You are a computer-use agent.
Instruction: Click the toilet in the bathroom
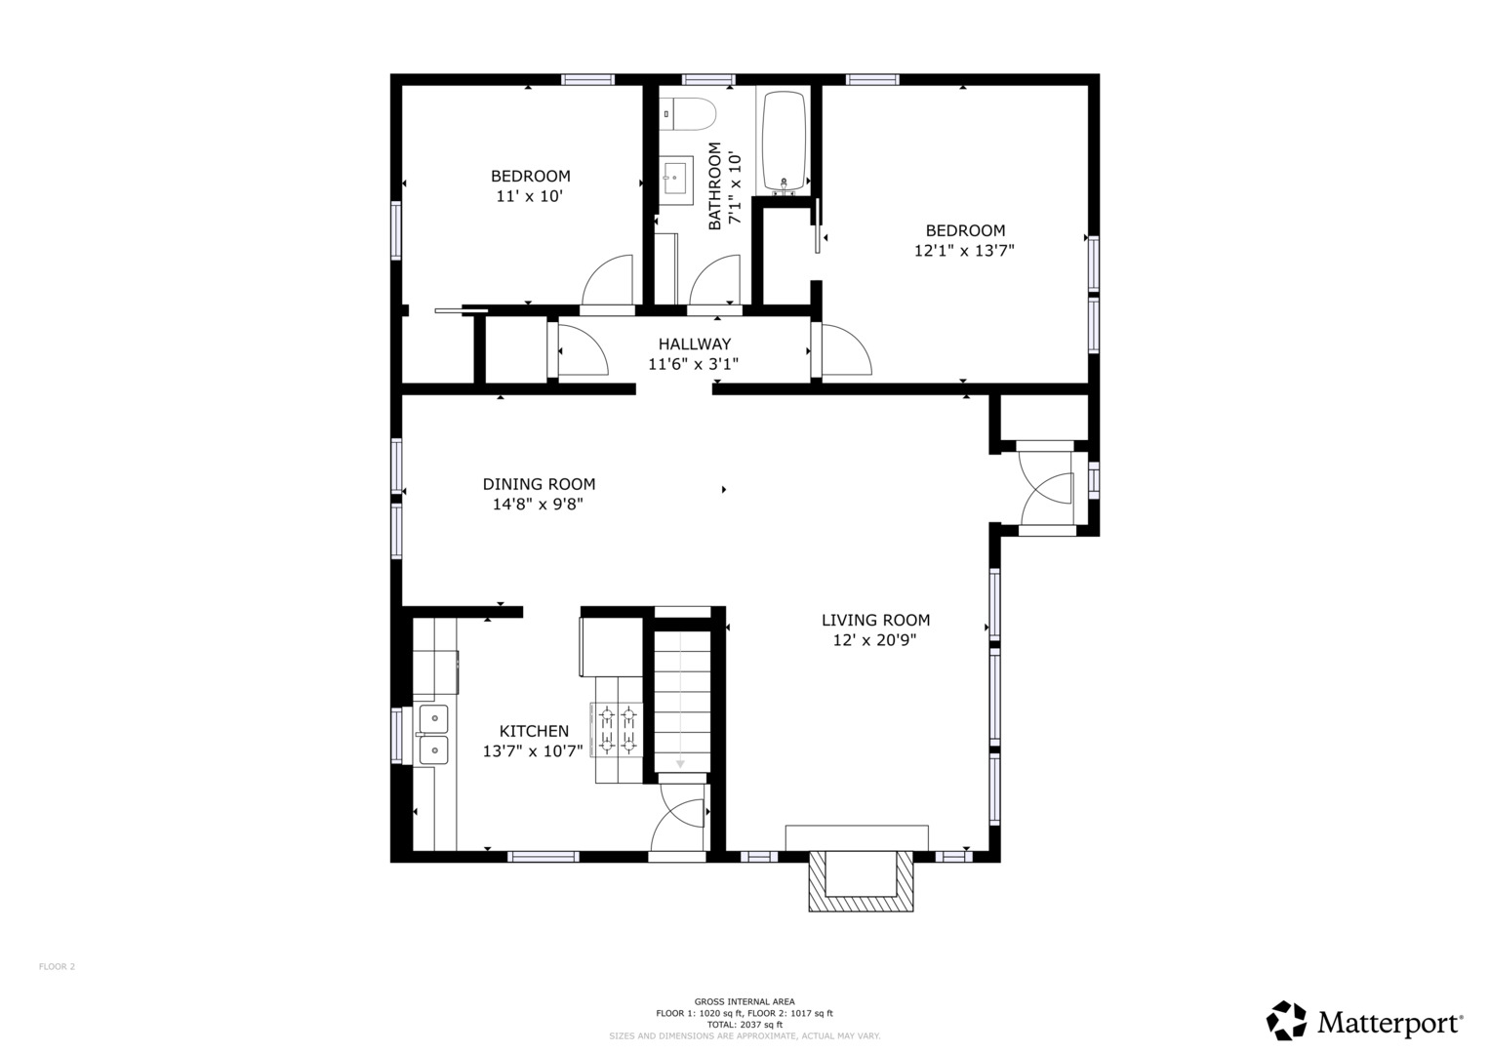tap(687, 114)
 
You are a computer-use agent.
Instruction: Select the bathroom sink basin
tap(676, 177)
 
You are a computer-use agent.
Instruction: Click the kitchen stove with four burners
tap(617, 731)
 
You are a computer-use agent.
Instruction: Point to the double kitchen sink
tap(433, 734)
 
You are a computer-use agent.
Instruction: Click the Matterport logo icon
tap(1288, 1020)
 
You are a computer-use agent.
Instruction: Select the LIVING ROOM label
tap(875, 620)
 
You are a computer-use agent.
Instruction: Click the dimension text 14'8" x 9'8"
tap(538, 505)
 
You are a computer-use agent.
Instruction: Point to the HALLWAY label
tap(695, 344)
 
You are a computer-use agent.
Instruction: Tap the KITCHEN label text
tap(534, 731)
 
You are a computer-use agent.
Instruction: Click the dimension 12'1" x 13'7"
tap(964, 251)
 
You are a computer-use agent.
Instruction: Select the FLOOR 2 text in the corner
tap(57, 966)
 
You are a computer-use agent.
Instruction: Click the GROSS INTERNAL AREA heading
tap(745, 1001)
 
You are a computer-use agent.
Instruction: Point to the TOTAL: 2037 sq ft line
tap(745, 1025)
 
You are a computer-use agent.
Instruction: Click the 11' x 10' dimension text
tap(530, 196)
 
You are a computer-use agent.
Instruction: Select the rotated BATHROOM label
tap(714, 185)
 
